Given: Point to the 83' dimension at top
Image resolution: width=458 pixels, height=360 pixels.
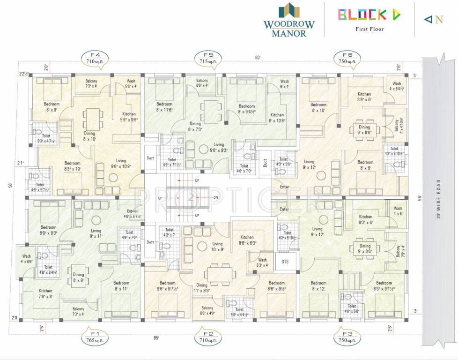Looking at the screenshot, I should pyautogui.click(x=258, y=57).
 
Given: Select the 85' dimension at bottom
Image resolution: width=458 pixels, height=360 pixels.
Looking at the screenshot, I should pyautogui.click(x=156, y=337).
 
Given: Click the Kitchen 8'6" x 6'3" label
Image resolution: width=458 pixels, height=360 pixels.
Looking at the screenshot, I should pyautogui.click(x=247, y=240).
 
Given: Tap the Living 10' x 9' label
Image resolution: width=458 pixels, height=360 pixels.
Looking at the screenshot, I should pyautogui.click(x=217, y=247).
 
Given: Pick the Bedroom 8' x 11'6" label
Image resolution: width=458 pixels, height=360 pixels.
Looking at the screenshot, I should pyautogui.click(x=164, y=106).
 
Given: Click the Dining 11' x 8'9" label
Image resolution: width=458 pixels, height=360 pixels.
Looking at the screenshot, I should pyautogui.click(x=202, y=288).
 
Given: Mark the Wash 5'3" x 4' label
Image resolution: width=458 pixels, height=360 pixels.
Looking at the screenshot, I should pyautogui.click(x=262, y=262).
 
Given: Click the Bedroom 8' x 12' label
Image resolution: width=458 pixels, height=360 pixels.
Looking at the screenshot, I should pyautogui.click(x=318, y=286).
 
